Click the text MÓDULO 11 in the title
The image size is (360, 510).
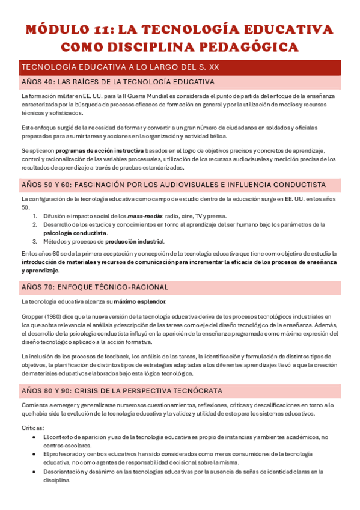[x=67, y=29]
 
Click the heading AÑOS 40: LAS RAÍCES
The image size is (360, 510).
[x=118, y=82]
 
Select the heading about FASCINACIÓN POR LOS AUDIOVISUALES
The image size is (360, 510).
[x=174, y=185]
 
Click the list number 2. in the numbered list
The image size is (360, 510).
[x=35, y=224]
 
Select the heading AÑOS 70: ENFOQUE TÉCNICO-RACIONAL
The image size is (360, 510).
[x=95, y=287]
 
